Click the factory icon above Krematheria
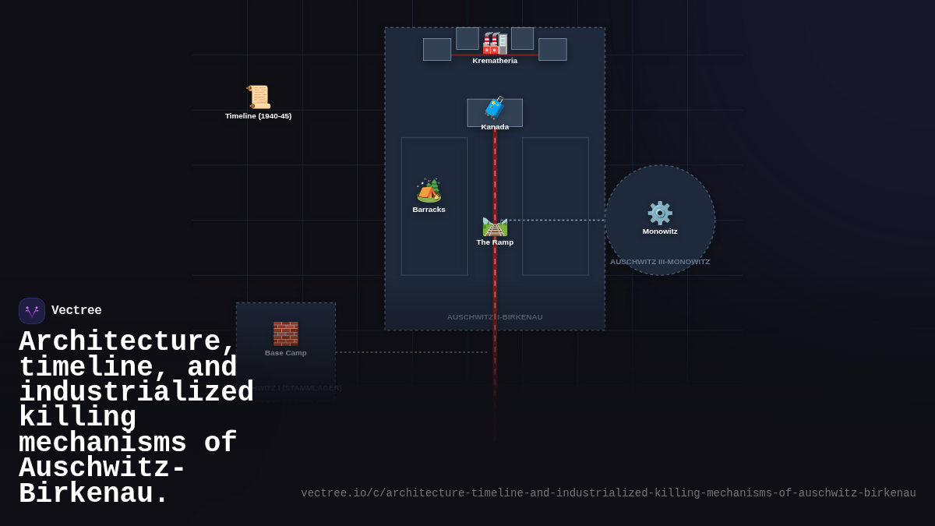click(x=495, y=43)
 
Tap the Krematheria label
click(x=495, y=61)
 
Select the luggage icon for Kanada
click(x=495, y=108)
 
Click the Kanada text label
click(x=495, y=127)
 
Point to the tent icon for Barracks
click(x=429, y=191)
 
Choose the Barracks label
click(x=429, y=210)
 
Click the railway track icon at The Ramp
click(x=495, y=226)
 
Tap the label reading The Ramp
click(x=495, y=242)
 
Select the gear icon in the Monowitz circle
click(x=660, y=213)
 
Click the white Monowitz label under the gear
click(x=660, y=231)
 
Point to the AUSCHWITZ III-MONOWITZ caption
click(x=660, y=262)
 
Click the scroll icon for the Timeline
click(x=259, y=97)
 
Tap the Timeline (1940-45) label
click(x=259, y=116)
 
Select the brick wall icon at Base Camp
click(x=285, y=334)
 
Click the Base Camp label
click(x=285, y=353)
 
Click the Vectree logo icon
click(x=32, y=311)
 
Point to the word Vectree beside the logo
click(x=76, y=311)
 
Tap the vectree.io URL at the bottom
click(x=608, y=493)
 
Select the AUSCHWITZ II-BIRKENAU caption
click(x=495, y=317)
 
